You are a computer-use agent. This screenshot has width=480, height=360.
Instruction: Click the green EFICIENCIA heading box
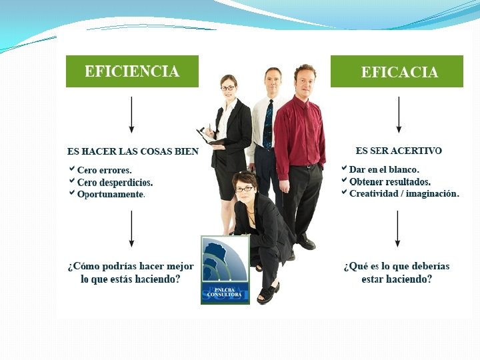[132, 71]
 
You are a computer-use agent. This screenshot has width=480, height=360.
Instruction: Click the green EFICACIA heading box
[397, 71]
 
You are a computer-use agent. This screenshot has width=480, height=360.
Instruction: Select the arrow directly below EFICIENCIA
[131, 115]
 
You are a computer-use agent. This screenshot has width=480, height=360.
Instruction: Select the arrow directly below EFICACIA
[399, 115]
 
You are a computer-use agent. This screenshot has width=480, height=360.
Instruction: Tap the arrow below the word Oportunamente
[131, 229]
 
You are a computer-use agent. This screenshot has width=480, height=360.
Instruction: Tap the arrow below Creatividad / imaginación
[397, 229]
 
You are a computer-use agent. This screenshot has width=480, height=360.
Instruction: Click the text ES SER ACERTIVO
[399, 151]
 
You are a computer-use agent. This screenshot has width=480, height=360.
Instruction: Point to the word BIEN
[187, 151]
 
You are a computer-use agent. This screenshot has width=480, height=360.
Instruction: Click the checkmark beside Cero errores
[72, 169]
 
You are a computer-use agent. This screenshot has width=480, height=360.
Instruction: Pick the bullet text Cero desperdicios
[115, 183]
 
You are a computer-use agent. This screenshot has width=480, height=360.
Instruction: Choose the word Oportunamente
[111, 194]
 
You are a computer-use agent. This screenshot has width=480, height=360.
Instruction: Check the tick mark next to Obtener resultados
[344, 180]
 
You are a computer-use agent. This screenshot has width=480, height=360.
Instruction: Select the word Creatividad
[373, 193]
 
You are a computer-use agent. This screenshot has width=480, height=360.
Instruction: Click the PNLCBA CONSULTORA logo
[225, 270]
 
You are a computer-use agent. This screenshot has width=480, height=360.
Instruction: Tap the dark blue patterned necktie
[268, 125]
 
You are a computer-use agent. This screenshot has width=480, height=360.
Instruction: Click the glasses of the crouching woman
[244, 189]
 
